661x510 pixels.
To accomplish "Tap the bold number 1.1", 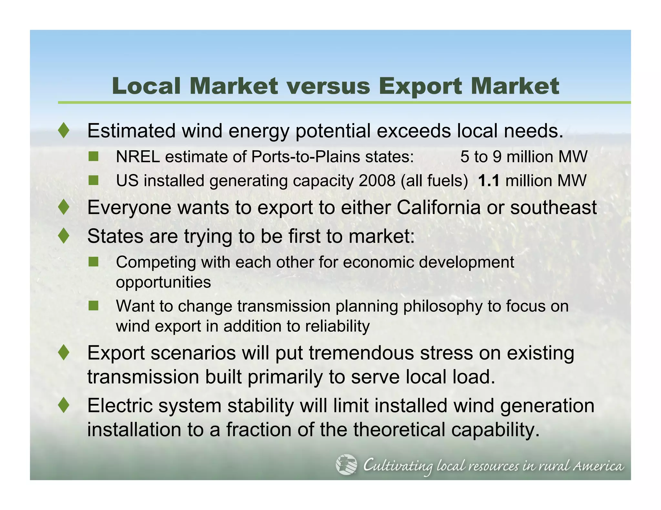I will (x=489, y=181).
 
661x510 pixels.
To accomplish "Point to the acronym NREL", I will (x=137, y=157).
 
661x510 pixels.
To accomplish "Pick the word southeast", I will (x=553, y=207).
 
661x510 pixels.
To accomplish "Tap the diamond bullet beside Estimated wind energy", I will (x=64, y=131).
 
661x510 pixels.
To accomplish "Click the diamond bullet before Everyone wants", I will (x=64, y=207).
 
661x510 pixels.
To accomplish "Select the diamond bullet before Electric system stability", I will (x=64, y=405).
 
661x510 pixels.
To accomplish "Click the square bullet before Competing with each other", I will (x=93, y=262).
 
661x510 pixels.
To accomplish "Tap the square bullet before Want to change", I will (x=93, y=306).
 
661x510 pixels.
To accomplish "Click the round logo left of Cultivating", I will (x=346, y=465).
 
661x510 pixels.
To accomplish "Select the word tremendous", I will (x=361, y=353).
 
